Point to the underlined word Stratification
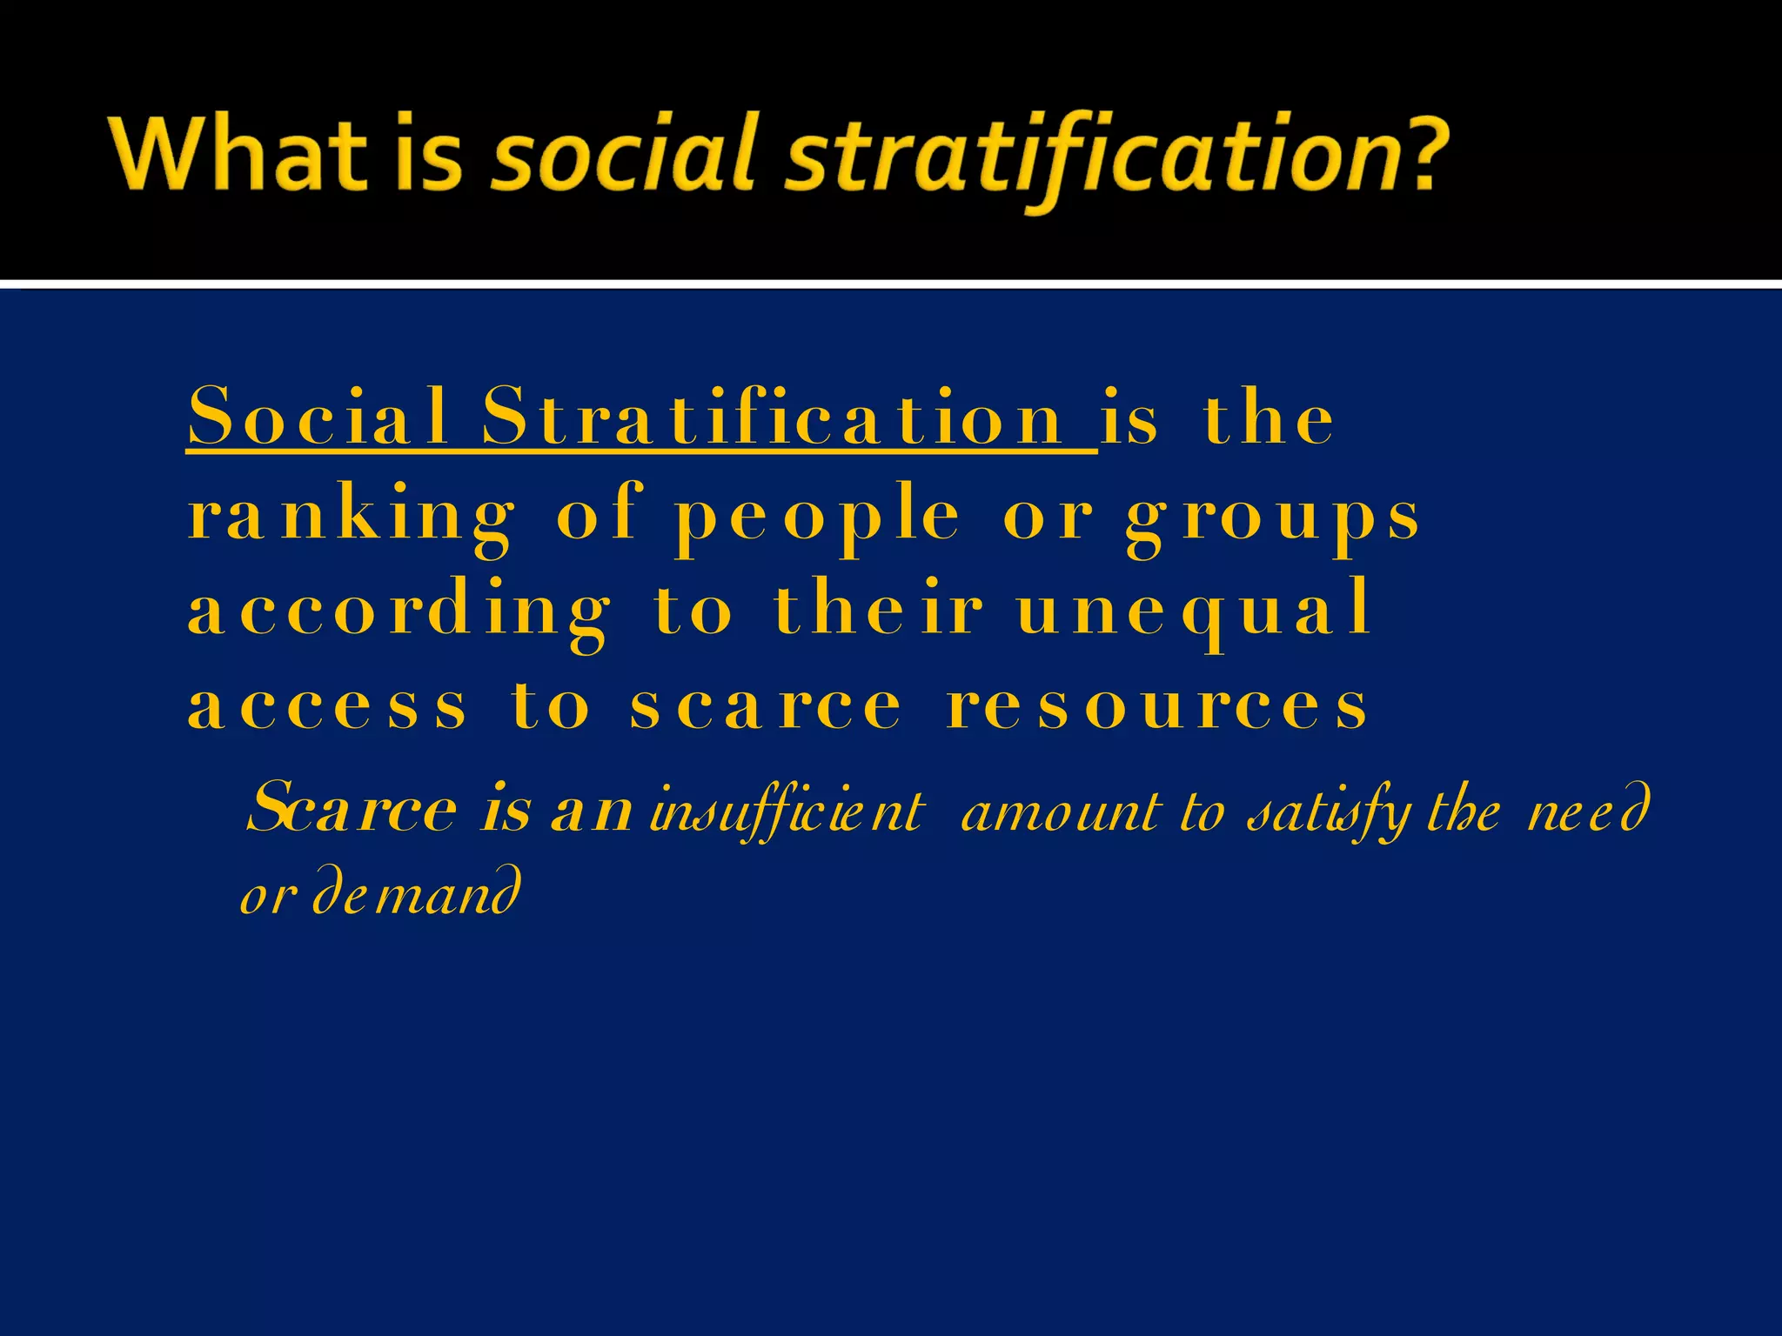tap(774, 417)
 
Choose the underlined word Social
tap(318, 417)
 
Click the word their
tap(878, 609)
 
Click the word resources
tap(1157, 706)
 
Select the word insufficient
tap(787, 812)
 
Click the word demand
tap(417, 892)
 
